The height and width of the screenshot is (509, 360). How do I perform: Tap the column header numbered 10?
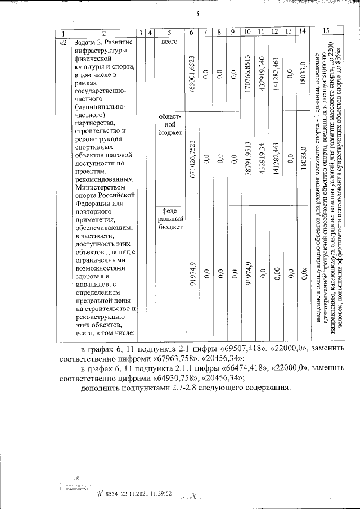pos(247,32)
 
